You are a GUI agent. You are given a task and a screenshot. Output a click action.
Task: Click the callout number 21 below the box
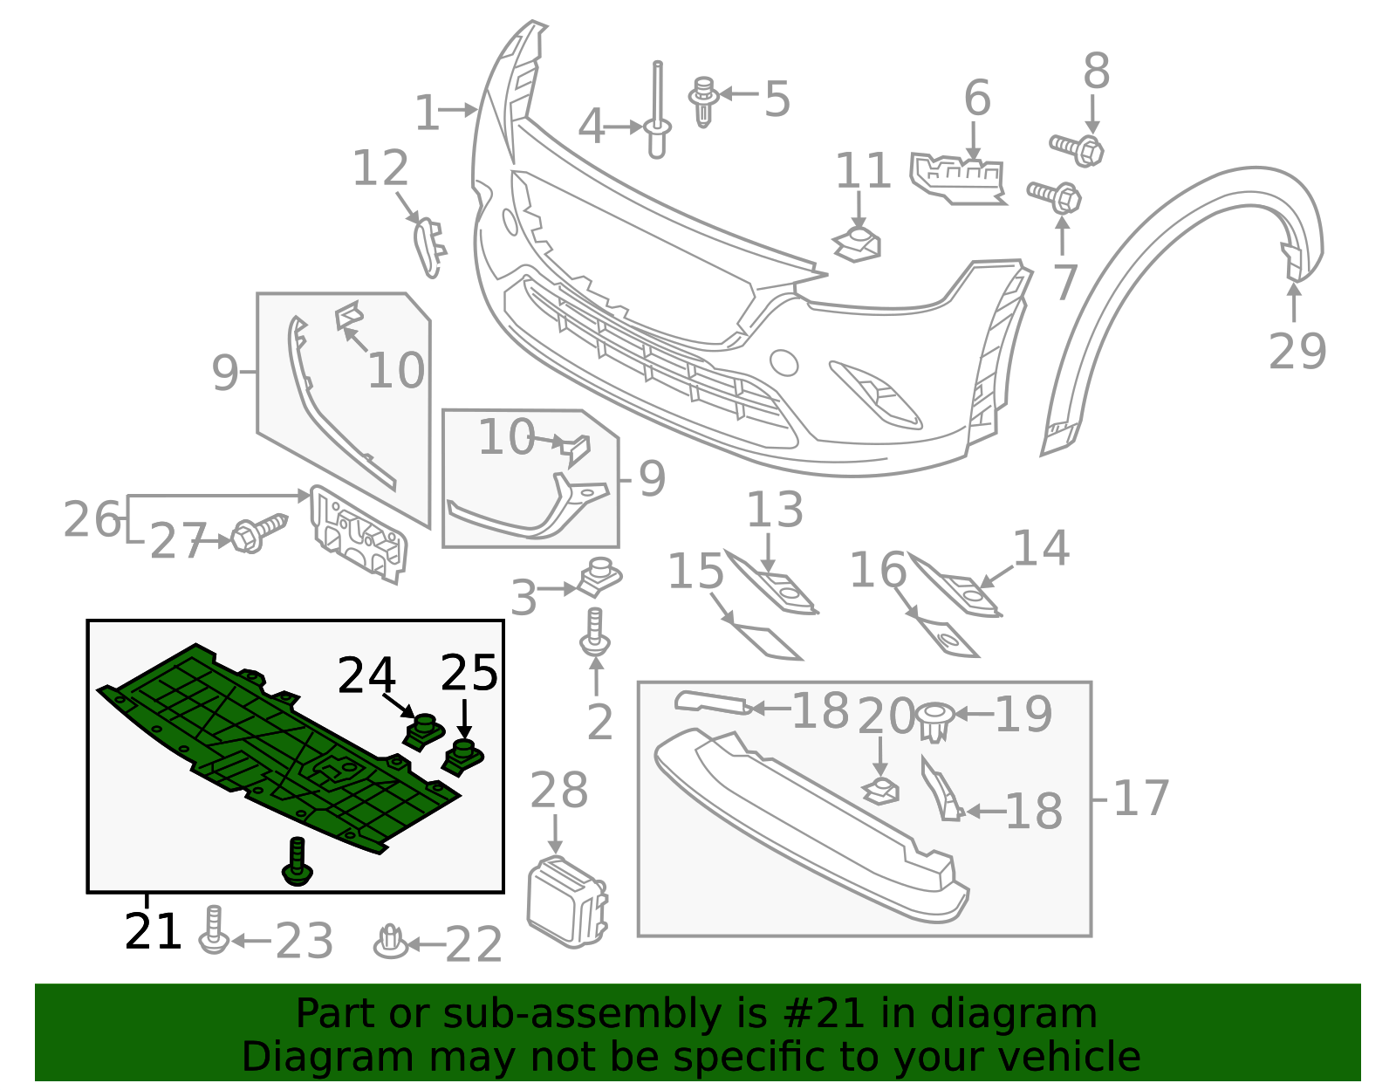(x=153, y=932)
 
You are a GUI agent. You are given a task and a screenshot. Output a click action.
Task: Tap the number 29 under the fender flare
(x=1297, y=352)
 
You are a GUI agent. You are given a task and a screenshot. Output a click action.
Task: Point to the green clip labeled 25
(x=462, y=756)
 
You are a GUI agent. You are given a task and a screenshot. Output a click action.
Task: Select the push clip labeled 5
(x=703, y=101)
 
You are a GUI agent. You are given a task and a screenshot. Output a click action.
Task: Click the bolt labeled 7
(x=1055, y=195)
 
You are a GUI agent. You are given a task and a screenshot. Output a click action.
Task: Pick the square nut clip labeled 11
(x=859, y=243)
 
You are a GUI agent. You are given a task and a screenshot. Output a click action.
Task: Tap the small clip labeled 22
(x=390, y=942)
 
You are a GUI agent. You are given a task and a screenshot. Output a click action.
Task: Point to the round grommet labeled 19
(x=934, y=721)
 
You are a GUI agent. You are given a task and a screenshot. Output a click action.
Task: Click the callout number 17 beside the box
(x=1141, y=799)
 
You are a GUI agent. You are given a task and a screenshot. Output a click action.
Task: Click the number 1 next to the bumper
(x=427, y=113)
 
